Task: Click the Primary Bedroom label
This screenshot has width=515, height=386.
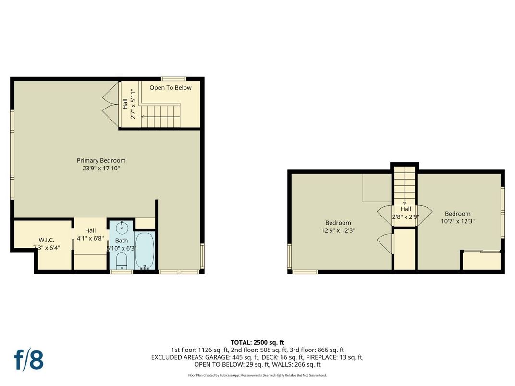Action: click(101, 160)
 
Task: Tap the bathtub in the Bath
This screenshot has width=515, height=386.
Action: click(144, 250)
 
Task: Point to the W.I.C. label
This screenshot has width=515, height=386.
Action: click(47, 240)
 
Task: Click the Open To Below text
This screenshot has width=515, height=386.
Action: click(170, 88)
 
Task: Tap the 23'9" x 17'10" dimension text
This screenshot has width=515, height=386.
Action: click(101, 168)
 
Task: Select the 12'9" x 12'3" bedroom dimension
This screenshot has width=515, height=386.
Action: click(338, 230)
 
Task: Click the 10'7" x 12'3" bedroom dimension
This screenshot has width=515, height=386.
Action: click(457, 221)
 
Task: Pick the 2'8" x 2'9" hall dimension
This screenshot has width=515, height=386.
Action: click(405, 217)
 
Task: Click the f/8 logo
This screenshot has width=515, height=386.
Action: click(28, 360)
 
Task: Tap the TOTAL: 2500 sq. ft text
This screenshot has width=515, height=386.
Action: click(257, 342)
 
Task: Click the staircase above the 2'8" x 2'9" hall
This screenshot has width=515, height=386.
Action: click(405, 184)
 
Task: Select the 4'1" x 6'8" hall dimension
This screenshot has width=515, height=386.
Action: click(90, 238)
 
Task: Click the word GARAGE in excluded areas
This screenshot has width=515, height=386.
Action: click(218, 357)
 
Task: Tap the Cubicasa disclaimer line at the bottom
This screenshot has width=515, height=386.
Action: click(257, 375)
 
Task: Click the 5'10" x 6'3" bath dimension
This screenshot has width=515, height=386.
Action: click(122, 248)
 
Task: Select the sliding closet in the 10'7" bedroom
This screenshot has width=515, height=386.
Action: click(481, 260)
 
